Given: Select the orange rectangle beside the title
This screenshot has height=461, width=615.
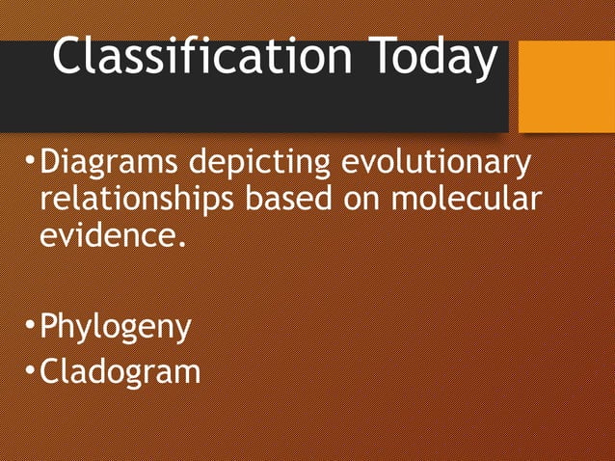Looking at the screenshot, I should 566,87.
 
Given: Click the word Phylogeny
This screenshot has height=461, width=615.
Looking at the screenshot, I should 116,329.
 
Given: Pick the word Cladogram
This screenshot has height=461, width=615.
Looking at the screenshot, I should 120,369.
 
